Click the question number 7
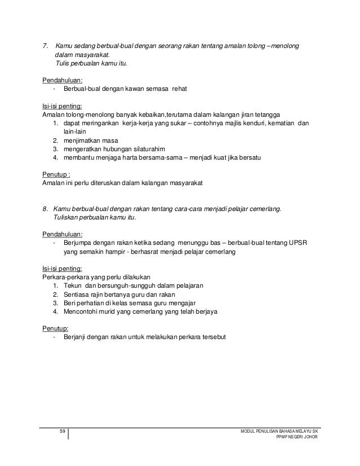pyautogui.click(x=46, y=45)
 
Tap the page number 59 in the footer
pyautogui.click(x=63, y=432)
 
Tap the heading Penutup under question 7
pyautogui.click(x=56, y=174)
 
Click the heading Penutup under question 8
pyautogui.click(x=55, y=327)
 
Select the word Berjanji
pyautogui.click(x=76, y=337)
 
